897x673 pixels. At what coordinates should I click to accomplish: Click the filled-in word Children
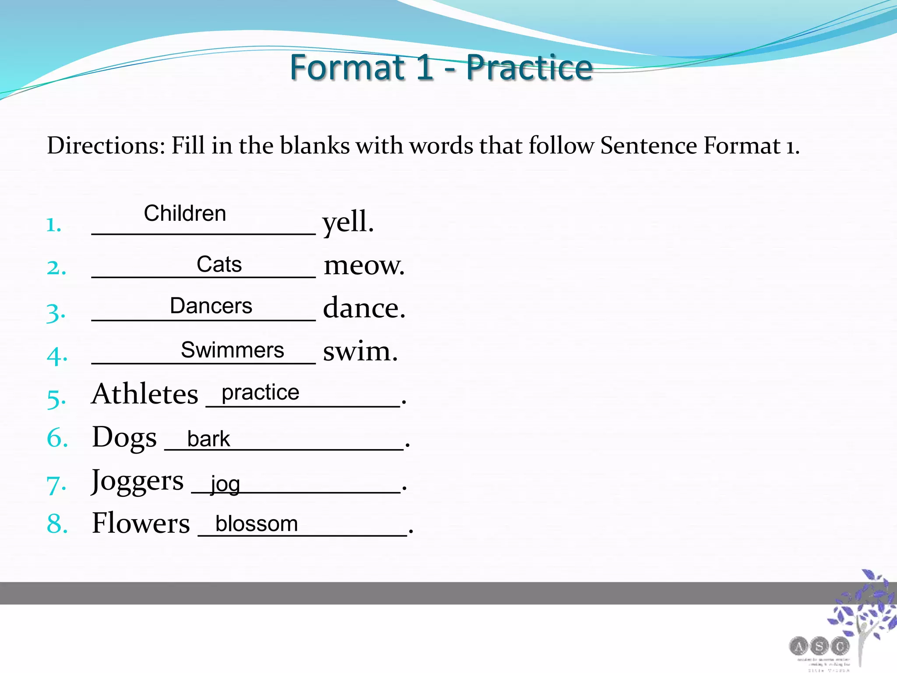pos(185,214)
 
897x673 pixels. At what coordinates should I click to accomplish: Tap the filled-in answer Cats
pos(219,264)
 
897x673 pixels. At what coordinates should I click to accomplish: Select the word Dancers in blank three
pos(211,306)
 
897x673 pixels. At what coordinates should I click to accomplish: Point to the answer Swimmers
pos(233,350)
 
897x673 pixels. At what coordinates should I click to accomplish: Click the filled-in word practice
pos(260,392)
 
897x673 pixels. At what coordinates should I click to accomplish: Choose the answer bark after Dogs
pos(208,439)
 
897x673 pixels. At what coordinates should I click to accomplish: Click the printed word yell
pos(348,222)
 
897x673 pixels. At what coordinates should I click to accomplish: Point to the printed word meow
pos(364,266)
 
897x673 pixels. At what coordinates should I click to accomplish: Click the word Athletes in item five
pos(145,394)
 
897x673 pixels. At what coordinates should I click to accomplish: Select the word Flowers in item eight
pos(141,523)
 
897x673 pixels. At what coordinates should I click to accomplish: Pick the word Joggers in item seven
pos(137,481)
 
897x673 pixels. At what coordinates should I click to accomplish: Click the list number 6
pos(57,438)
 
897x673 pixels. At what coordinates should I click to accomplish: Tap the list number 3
pos(56,313)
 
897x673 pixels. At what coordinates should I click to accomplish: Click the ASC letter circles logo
pos(819,646)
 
